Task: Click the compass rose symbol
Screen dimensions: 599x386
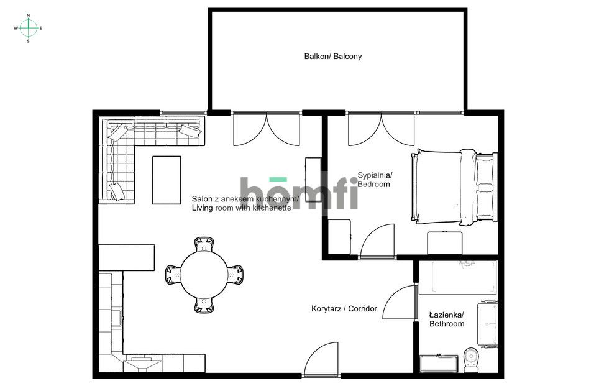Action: (x=28, y=28)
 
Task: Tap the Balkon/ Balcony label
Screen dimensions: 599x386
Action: (x=332, y=56)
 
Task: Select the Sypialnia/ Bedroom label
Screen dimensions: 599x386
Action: (x=374, y=180)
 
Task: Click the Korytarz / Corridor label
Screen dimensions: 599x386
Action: (x=344, y=308)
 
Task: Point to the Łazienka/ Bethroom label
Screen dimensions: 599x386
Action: (x=447, y=319)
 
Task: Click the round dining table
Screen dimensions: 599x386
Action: (x=204, y=275)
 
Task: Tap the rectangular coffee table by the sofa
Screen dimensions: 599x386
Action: (x=167, y=180)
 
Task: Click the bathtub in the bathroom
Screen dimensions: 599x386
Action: (x=458, y=277)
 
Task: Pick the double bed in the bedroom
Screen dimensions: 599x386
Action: (x=454, y=186)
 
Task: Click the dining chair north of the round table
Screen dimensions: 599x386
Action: (x=204, y=244)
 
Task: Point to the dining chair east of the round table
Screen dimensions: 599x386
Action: (x=235, y=275)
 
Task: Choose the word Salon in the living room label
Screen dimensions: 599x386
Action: (x=202, y=199)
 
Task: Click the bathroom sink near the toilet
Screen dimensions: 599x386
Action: (x=439, y=364)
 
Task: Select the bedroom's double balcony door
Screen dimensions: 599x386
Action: (x=381, y=129)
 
